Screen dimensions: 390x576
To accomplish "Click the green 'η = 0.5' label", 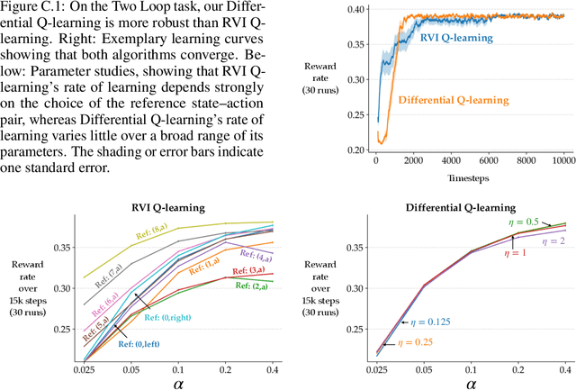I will [508, 222].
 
